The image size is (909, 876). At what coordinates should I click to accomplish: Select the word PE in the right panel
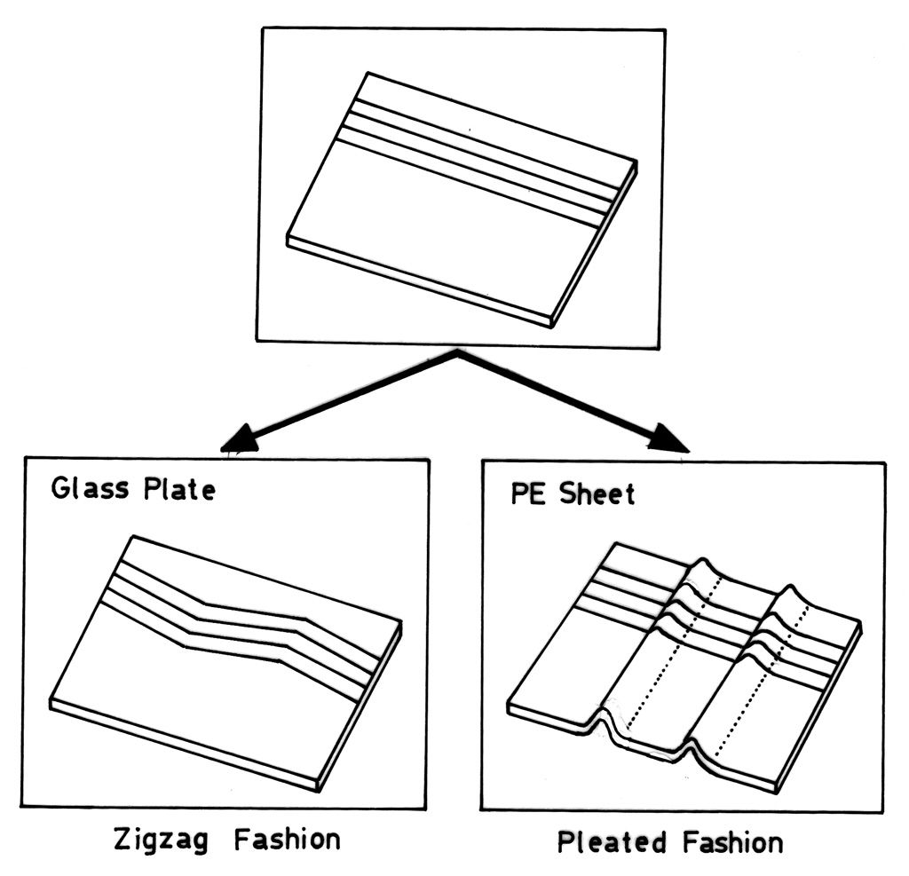(x=525, y=493)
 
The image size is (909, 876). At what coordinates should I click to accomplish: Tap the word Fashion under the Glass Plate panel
(x=288, y=839)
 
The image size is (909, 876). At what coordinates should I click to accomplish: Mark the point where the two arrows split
(x=458, y=353)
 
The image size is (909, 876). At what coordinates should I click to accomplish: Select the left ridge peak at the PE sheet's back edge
(x=704, y=561)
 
